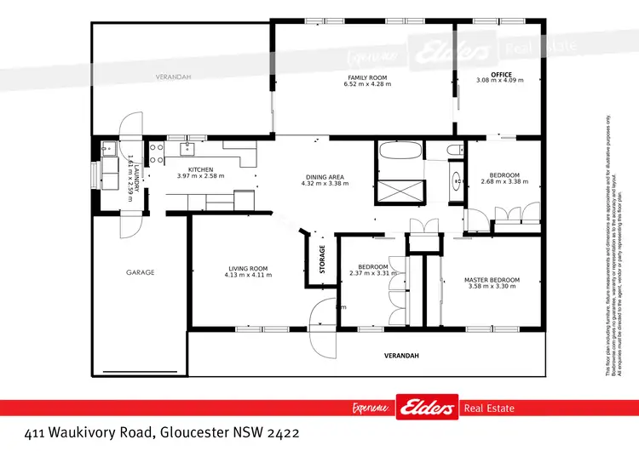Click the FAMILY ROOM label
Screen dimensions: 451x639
[x=366, y=77]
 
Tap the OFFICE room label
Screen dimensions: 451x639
[x=489, y=74]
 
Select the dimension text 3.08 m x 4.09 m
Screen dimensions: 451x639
[x=499, y=81]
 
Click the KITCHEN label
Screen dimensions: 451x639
[x=200, y=169]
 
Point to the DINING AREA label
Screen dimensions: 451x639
[x=324, y=177]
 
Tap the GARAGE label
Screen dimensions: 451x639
[x=141, y=272]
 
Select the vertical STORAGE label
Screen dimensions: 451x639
[x=322, y=260]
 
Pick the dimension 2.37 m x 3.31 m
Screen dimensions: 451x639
[x=373, y=273]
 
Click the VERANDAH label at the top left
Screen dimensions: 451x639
[x=173, y=77]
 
